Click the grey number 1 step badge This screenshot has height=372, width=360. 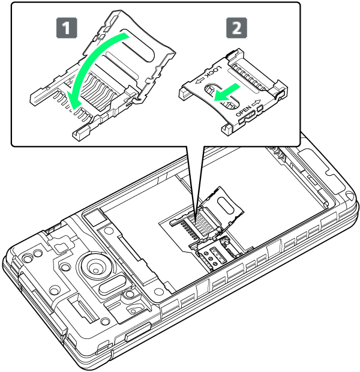(67, 28)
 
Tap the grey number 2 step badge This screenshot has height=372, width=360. (236, 28)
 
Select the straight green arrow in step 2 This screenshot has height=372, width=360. (227, 93)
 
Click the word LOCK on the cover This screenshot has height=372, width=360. (213, 71)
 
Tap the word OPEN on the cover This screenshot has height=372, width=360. (243, 110)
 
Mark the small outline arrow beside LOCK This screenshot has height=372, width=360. (199, 80)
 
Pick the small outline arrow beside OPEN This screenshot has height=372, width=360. (256, 103)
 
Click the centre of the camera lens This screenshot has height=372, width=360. (96, 270)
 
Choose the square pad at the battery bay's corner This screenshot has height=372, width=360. (94, 218)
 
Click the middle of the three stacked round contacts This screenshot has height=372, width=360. (210, 259)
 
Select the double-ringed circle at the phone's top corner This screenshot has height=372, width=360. (28, 257)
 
